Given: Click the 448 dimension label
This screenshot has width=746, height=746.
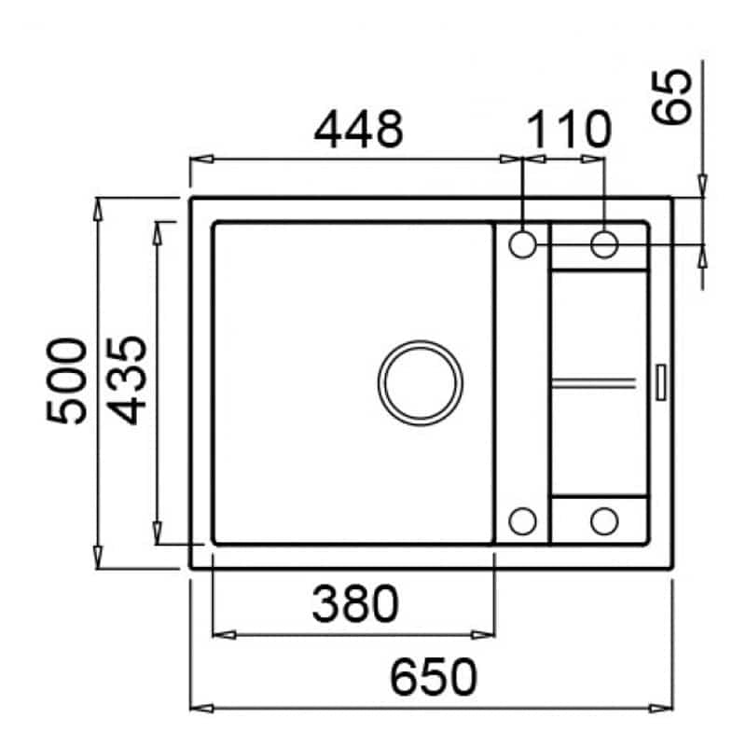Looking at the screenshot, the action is pos(359,129).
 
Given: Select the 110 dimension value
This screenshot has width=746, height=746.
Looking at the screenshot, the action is pos(569,129).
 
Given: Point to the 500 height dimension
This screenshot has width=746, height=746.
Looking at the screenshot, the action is pos(67,380).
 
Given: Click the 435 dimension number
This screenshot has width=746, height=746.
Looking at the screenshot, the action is pos(126,380).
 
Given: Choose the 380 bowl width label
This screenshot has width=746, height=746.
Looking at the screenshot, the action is pos(355,603).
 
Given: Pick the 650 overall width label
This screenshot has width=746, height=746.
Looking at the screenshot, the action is pos(433,677).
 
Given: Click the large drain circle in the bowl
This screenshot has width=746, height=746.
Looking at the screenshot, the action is pos(421,383).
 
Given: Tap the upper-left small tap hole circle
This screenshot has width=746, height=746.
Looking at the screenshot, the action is pos(523,244).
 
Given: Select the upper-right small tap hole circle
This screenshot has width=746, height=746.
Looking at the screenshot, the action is pos(604,244).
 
